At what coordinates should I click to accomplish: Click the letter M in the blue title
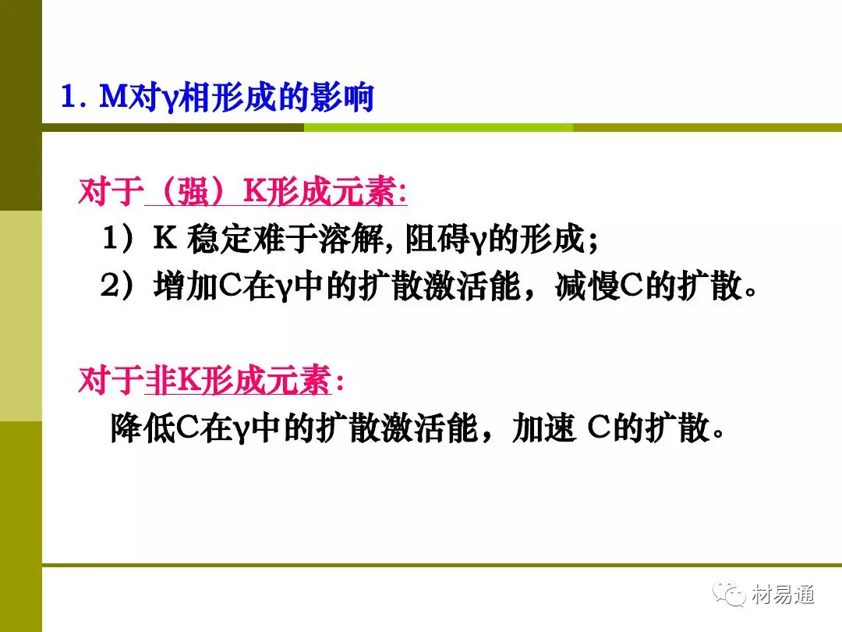[115, 97]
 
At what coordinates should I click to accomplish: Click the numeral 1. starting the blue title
[73, 98]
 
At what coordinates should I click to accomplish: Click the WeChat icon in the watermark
[729, 594]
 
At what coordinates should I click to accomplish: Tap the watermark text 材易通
[783, 595]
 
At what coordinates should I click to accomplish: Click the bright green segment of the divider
[438, 127]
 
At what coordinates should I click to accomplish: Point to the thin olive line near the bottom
[442, 566]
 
